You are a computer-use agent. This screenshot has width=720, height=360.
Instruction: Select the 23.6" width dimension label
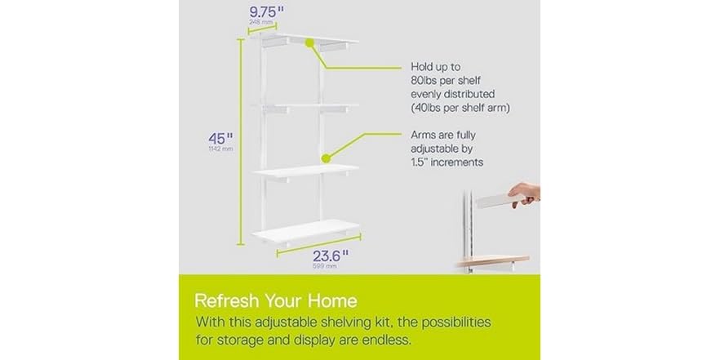pos(329,255)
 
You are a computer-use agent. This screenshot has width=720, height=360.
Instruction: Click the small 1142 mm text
pos(220,149)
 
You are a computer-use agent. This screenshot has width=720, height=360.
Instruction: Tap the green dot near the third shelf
pos(326,157)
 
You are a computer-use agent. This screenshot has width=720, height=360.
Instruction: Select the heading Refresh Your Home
pos(276,300)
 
